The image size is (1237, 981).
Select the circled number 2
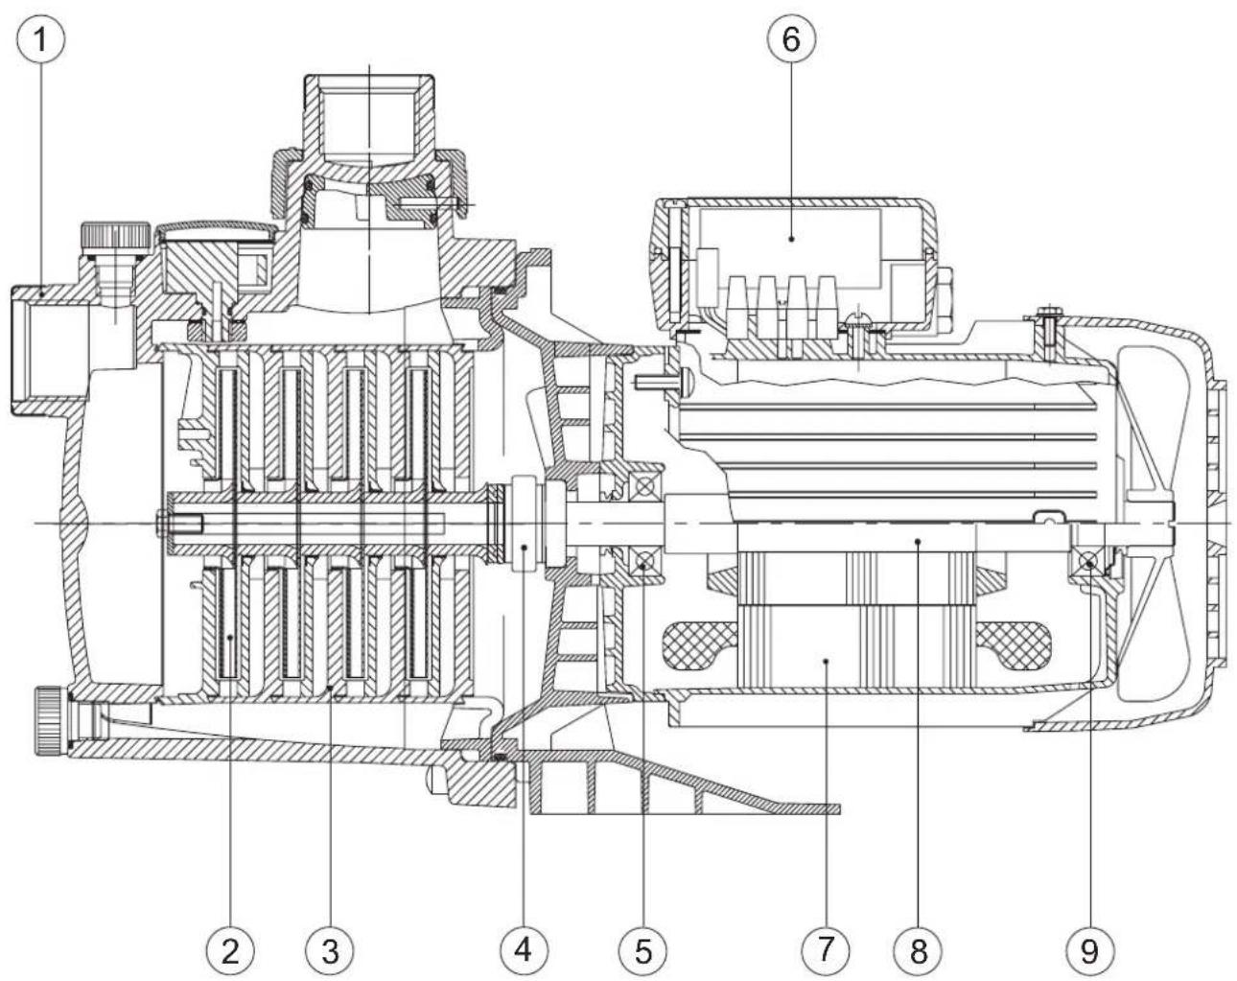coord(230,949)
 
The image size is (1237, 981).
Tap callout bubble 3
coord(329,949)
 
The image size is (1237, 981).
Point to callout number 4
coord(524,949)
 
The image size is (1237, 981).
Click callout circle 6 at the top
coord(791,39)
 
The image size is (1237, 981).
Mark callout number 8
coord(919,949)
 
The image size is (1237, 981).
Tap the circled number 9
coord(1090,949)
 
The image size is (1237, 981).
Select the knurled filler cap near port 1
coord(113,236)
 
